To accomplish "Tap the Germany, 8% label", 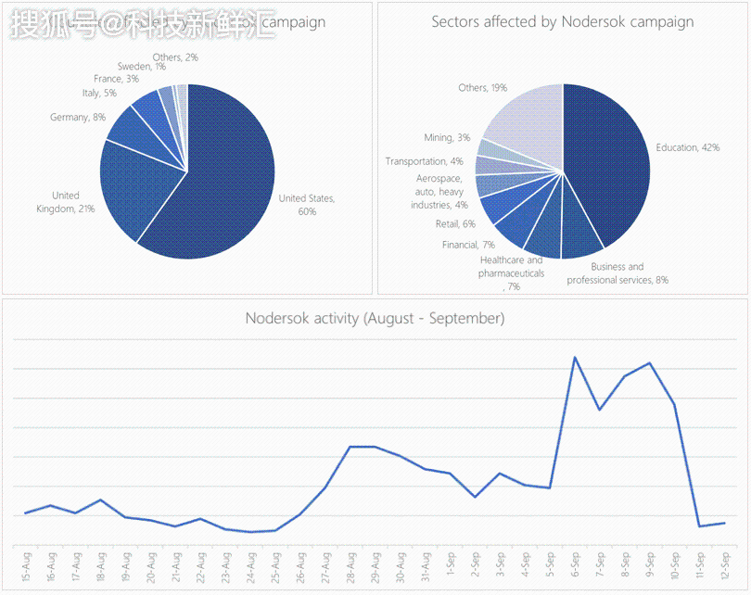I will tap(78, 118).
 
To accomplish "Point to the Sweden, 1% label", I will tap(142, 67).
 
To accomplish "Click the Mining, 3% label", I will tap(447, 138).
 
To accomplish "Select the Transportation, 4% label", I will tap(425, 161).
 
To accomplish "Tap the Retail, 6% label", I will tap(455, 224).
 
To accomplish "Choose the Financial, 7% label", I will tap(468, 245).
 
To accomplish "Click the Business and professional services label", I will tap(617, 273).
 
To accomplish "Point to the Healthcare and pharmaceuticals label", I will tap(512, 273).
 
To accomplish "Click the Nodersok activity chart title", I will tap(375, 319).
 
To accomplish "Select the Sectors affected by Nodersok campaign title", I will tap(562, 21).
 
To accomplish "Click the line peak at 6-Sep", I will tap(575, 357).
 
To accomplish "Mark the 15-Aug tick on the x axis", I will tap(26, 566).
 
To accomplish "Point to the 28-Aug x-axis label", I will tap(350, 566).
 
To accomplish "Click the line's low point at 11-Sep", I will tap(699, 526).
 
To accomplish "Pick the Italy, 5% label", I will tap(99, 94).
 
